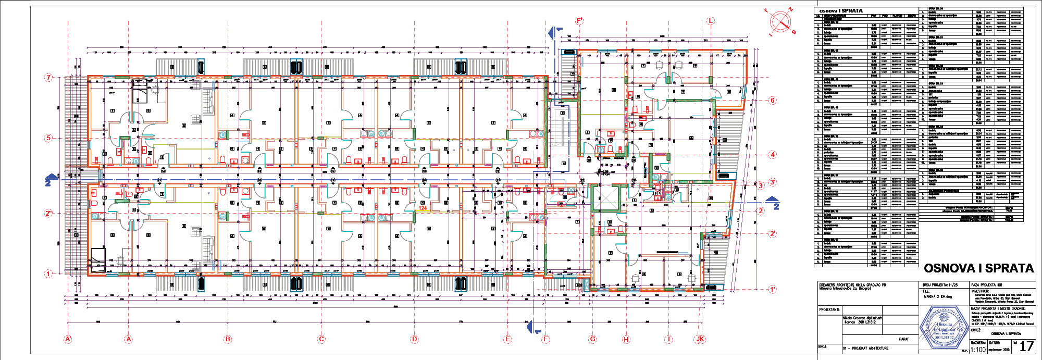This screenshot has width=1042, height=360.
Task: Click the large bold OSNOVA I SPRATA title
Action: pyautogui.click(x=978, y=268)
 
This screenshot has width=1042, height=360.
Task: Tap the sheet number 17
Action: pyautogui.click(x=1026, y=346)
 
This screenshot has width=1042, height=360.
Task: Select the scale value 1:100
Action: pyautogui.click(x=978, y=350)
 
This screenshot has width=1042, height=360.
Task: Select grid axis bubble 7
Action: pyautogui.click(x=49, y=78)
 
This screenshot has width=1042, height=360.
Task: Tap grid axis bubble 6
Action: pyautogui.click(x=773, y=101)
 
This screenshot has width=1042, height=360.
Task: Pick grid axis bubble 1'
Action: pyautogui.click(x=773, y=289)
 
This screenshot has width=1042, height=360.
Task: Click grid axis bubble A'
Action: pyautogui.click(x=67, y=339)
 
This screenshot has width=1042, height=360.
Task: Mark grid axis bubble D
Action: pyautogui.click(x=414, y=339)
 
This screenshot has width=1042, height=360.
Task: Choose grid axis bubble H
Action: pyautogui.click(x=626, y=339)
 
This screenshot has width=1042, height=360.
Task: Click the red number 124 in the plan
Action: pyautogui.click(x=422, y=208)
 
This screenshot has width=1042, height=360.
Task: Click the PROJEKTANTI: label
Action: pyautogui.click(x=829, y=309)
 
